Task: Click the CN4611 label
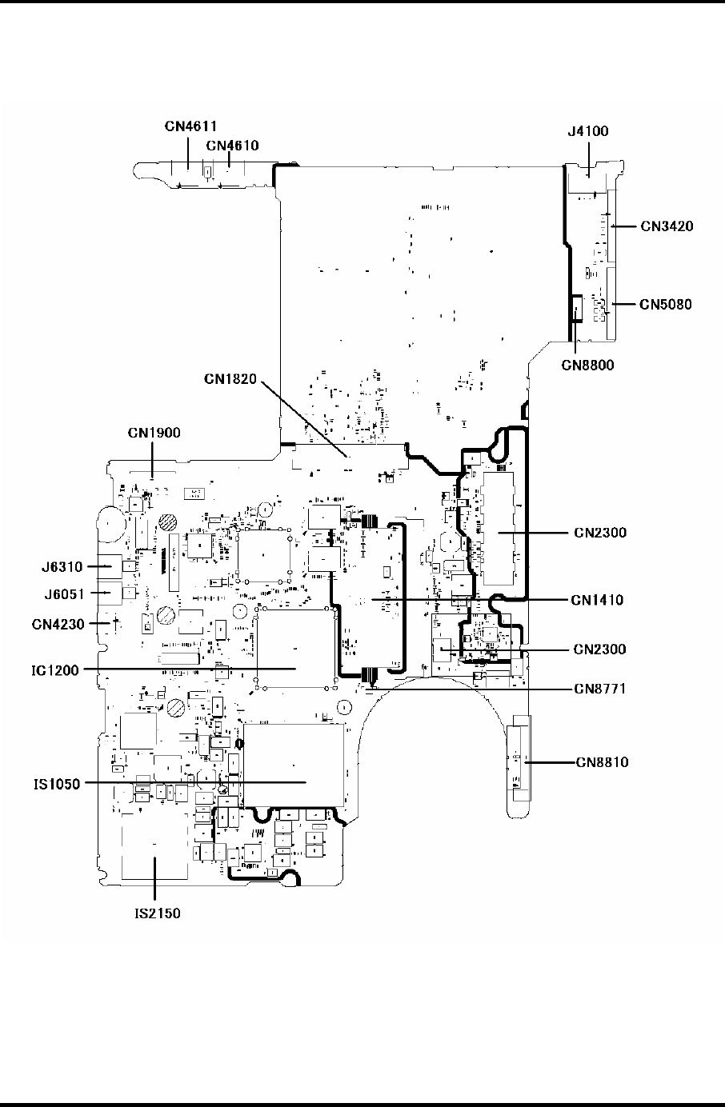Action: click(x=191, y=126)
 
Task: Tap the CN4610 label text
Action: click(x=232, y=146)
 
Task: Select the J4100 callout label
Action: click(x=587, y=132)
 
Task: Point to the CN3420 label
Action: click(x=667, y=226)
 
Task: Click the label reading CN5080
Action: click(x=665, y=304)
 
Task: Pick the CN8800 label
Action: click(x=587, y=366)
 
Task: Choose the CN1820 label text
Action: click(x=230, y=379)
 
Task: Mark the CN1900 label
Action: click(x=154, y=433)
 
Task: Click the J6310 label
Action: click(x=62, y=567)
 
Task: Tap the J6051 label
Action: click(x=62, y=593)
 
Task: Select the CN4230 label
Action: click(x=58, y=624)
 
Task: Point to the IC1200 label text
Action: click(x=57, y=670)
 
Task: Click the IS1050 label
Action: click(x=57, y=784)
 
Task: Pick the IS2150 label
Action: click(x=157, y=913)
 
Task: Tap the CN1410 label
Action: click(x=597, y=600)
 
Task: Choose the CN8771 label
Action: click(x=599, y=688)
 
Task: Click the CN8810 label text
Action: click(x=602, y=762)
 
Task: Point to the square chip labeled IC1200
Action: click(x=294, y=648)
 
